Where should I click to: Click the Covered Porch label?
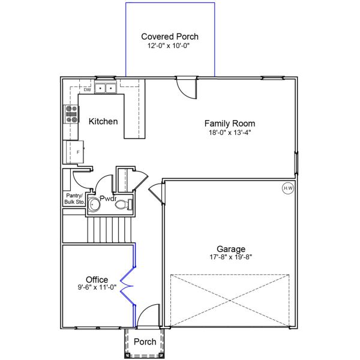click(170, 37)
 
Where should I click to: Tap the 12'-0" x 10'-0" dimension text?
click(168, 46)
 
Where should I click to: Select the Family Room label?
click(230, 123)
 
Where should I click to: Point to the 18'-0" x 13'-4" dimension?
click(230, 133)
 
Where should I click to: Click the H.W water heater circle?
click(288, 188)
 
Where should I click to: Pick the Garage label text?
click(231, 249)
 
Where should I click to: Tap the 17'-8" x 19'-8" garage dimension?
click(231, 257)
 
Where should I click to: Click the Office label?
click(97, 280)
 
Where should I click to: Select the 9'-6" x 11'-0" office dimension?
click(97, 287)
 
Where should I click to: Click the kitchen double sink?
click(106, 88)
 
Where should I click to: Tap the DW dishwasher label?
click(87, 90)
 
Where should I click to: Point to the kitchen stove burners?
click(71, 114)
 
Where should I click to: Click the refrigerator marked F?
click(75, 152)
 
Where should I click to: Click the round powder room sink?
click(94, 204)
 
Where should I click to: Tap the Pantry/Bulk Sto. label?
click(74, 199)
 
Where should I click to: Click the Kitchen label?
click(103, 121)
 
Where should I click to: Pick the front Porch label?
click(145, 341)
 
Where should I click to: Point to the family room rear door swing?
click(187, 89)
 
